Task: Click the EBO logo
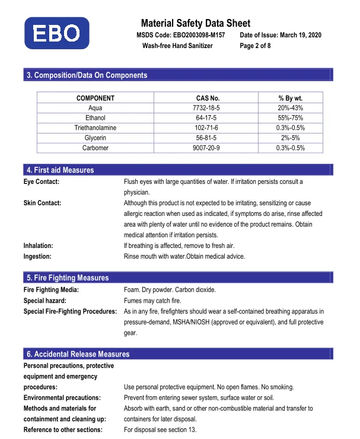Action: click(57, 33)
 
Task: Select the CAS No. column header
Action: click(208, 98)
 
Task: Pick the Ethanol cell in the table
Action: click(95, 118)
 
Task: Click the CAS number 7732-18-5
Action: click(208, 108)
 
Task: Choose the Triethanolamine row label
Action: click(95, 128)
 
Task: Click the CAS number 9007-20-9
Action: click(208, 148)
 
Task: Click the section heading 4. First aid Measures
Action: click(60, 170)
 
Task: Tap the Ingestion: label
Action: click(37, 256)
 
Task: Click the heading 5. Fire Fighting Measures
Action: click(68, 278)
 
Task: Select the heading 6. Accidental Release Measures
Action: click(78, 354)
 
